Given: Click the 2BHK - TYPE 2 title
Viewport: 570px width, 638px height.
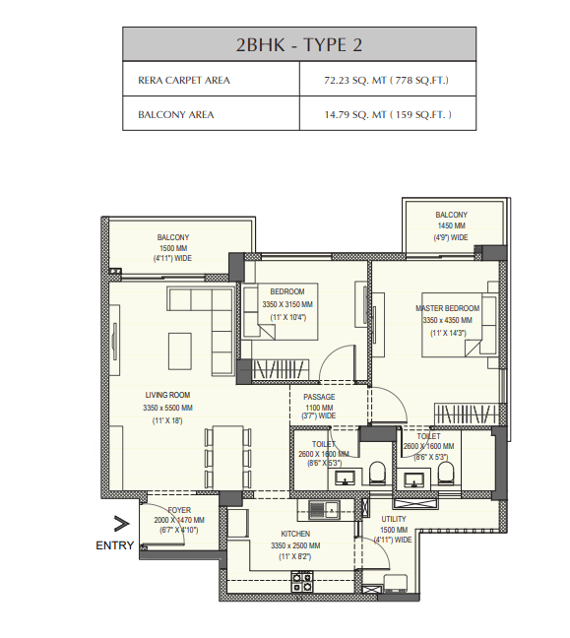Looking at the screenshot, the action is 298,44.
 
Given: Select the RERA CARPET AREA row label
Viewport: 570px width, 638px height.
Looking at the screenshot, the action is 184,80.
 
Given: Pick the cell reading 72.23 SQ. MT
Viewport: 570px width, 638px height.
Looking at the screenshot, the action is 386,80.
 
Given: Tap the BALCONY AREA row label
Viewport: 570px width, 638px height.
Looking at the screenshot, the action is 176,115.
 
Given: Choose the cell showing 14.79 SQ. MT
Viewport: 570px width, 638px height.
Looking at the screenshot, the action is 388,115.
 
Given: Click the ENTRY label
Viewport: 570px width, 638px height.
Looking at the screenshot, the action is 115,545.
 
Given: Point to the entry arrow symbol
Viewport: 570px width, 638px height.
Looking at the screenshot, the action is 121,524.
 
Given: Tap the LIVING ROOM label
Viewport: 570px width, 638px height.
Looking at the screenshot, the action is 167,395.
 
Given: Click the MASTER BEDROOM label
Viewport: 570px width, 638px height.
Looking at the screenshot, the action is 448,308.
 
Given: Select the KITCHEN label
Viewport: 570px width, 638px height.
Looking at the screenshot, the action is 295,534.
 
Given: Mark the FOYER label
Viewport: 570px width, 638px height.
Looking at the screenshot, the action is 179,510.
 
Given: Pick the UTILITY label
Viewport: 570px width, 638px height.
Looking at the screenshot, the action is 394,519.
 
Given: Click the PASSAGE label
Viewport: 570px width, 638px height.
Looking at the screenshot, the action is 319,397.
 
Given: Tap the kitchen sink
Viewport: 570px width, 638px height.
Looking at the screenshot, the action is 324,510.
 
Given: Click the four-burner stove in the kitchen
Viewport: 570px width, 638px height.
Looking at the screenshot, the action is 302,582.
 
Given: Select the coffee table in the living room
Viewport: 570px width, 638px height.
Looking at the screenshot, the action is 180,351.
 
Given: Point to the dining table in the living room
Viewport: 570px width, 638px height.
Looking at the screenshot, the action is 227,458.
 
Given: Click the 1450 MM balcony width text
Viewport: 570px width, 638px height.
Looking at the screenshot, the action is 451,225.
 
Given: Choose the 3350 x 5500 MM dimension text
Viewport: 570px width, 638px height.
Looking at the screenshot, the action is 167,408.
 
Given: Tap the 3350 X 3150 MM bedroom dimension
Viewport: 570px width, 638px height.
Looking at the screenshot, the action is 287,304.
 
